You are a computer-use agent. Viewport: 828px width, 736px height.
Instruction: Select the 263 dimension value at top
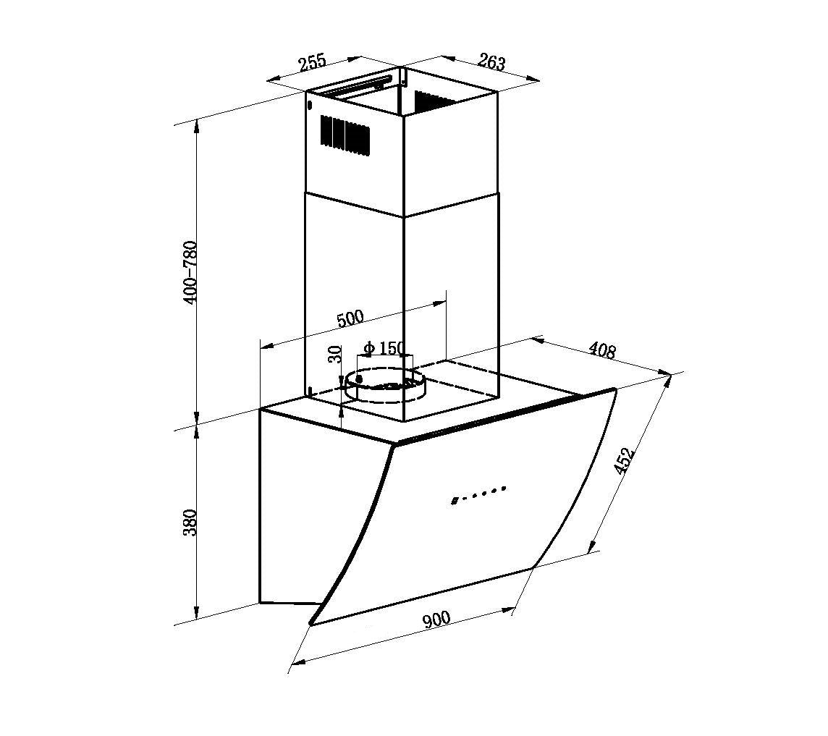491,62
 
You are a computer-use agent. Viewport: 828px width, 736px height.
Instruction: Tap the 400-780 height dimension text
190,271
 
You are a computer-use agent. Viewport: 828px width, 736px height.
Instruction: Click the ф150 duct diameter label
384,348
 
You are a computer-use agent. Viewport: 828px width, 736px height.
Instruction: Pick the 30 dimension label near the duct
334,354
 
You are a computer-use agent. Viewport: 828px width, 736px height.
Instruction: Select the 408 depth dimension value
601,350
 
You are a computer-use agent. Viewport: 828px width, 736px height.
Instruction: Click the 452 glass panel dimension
623,461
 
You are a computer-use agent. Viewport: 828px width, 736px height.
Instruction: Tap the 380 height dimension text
190,523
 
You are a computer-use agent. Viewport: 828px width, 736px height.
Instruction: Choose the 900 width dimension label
436,619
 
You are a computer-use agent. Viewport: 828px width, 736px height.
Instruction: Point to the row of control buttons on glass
478,494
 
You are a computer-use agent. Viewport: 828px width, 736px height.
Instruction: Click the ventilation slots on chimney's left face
345,135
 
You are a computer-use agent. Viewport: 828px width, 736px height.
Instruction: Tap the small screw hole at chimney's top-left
310,105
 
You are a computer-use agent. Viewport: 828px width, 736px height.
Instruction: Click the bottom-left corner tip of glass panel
312,622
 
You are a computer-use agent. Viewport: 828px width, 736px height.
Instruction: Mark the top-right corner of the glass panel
614,390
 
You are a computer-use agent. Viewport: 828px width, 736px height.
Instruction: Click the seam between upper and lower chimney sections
402,205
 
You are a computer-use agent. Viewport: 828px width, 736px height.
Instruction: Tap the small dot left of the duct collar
359,378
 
